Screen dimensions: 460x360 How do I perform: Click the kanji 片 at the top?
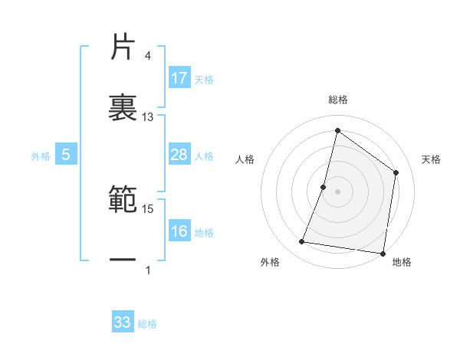(x=123, y=47)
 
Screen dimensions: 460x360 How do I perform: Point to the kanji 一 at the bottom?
(x=123, y=260)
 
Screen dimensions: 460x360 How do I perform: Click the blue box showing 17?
(x=179, y=78)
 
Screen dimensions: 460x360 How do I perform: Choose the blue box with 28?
(x=179, y=155)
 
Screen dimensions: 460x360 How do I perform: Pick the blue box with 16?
(x=179, y=232)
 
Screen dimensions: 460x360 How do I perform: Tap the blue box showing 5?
(x=66, y=155)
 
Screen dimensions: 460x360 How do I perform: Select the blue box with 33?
(x=123, y=322)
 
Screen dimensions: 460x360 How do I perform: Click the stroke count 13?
(x=148, y=117)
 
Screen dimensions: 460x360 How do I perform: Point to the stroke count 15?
(x=148, y=208)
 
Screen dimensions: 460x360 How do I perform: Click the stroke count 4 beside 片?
(x=148, y=56)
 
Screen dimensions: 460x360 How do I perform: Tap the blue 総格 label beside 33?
(x=147, y=324)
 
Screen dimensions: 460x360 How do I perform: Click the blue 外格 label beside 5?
(x=41, y=156)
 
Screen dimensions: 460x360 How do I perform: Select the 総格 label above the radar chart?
(x=338, y=100)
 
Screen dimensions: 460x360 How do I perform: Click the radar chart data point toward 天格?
(x=396, y=172)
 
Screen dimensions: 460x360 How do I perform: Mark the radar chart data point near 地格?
(x=383, y=254)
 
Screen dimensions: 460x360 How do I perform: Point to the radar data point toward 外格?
(x=302, y=242)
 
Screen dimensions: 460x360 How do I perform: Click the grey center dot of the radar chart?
(x=337, y=191)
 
